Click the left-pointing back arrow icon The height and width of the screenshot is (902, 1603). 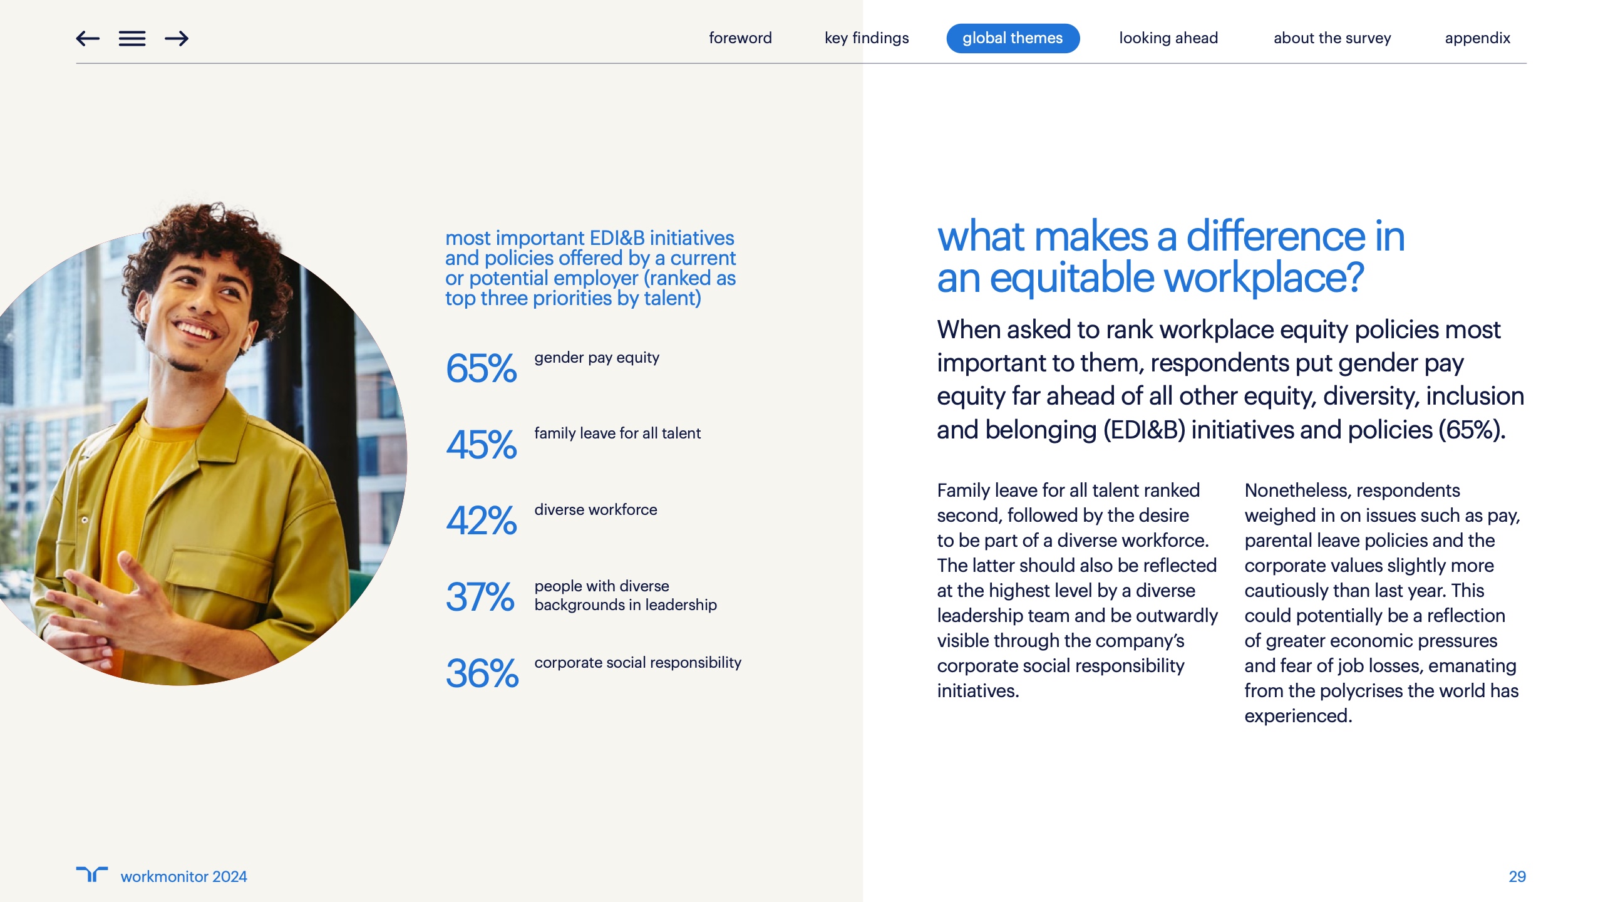88,39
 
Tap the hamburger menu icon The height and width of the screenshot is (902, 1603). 132,39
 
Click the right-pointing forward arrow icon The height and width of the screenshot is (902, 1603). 177,39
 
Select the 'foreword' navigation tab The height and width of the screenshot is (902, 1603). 740,38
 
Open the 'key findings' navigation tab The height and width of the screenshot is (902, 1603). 867,38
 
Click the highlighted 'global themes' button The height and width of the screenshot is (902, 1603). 1013,38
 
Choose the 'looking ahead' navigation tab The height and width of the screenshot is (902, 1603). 1168,38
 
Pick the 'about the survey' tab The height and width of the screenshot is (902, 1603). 1332,38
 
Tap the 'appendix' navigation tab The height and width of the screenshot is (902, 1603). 1477,38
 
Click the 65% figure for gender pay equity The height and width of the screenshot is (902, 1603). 481,368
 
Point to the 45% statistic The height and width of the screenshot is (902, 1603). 481,444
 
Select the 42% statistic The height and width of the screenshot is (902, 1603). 481,521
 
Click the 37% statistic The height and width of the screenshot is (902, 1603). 480,596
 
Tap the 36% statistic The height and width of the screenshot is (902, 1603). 482,673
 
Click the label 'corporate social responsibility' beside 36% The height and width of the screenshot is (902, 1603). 637,663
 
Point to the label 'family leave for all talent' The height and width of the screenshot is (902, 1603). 617,433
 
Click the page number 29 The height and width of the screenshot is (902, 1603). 1517,876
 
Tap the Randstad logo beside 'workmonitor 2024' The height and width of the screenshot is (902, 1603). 91,874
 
